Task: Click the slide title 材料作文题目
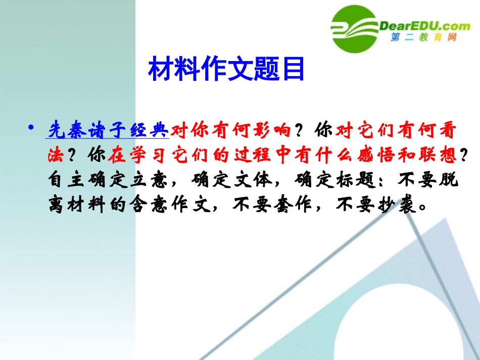(x=226, y=70)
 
